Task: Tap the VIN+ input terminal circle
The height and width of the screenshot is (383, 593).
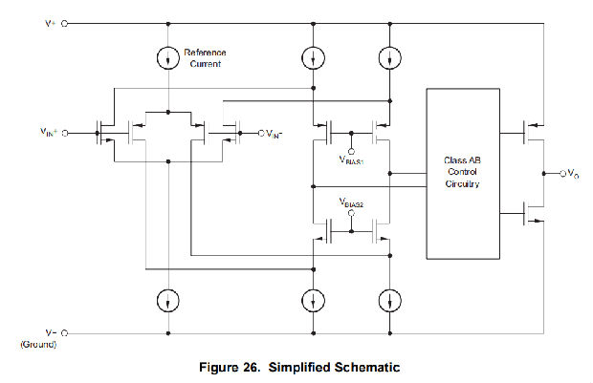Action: click(65, 134)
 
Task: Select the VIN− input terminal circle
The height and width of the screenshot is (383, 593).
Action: click(259, 134)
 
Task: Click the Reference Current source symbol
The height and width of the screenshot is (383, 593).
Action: click(168, 56)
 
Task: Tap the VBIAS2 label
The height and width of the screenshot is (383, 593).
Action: click(352, 202)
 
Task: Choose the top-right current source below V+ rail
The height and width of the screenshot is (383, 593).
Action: click(390, 56)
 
